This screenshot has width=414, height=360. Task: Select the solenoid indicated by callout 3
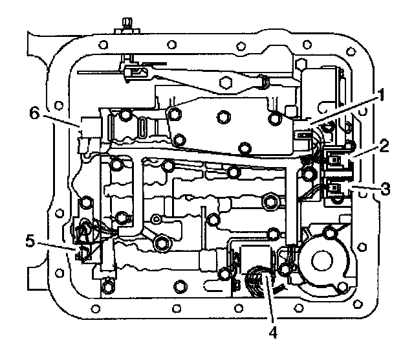tap(336, 189)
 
